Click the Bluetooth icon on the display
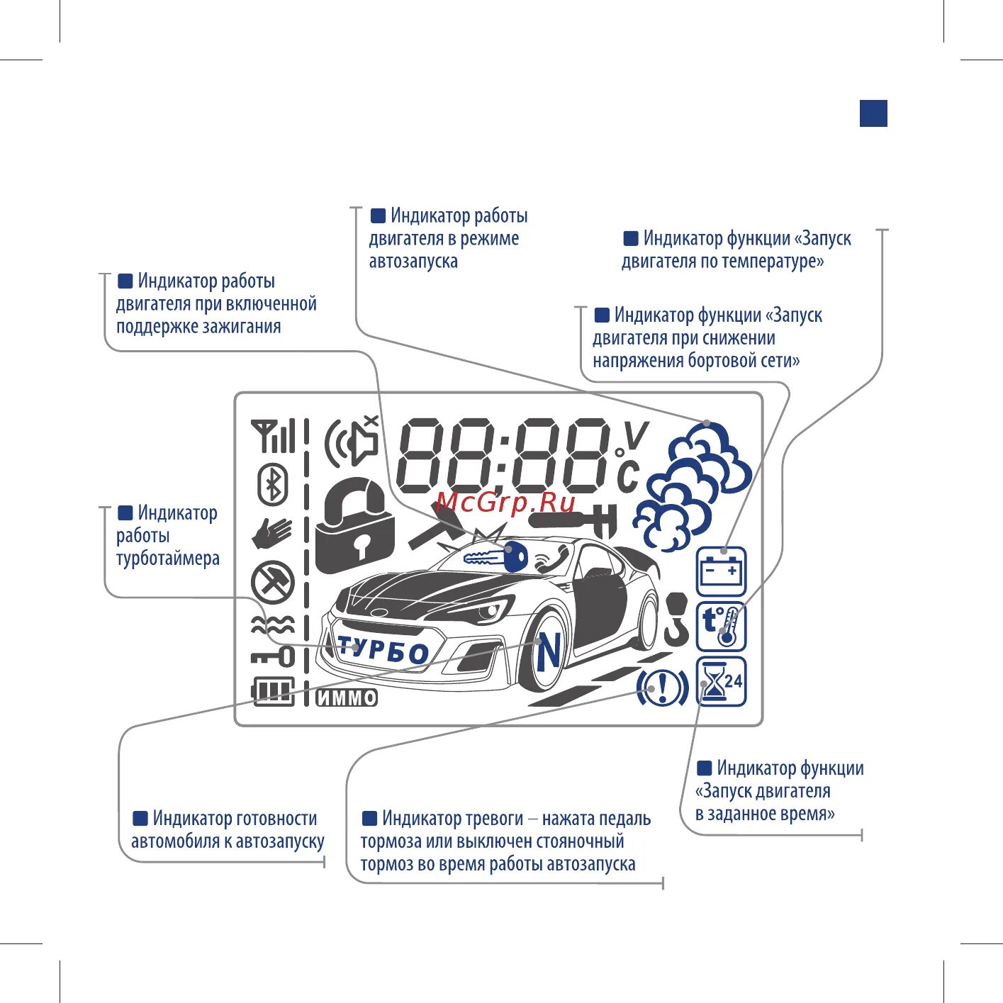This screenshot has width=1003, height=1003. tap(272, 485)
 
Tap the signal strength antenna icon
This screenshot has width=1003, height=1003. tap(273, 436)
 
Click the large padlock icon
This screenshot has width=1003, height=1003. tap(354, 526)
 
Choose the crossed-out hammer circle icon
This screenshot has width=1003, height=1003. tap(273, 583)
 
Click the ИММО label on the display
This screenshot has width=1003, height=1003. tap(347, 698)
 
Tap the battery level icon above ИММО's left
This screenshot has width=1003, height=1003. tap(273, 691)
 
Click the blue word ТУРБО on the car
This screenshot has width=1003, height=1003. tap(383, 649)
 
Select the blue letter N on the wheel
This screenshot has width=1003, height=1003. tap(549, 653)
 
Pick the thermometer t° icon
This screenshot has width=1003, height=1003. tap(721, 627)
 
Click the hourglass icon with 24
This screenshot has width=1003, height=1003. tap(721, 682)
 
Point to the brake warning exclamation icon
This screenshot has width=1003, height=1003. tap(662, 687)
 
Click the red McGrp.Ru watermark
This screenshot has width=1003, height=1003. tap(506, 503)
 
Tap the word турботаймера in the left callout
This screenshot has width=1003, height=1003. tap(168, 559)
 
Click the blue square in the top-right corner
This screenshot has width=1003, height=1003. tap(873, 113)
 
